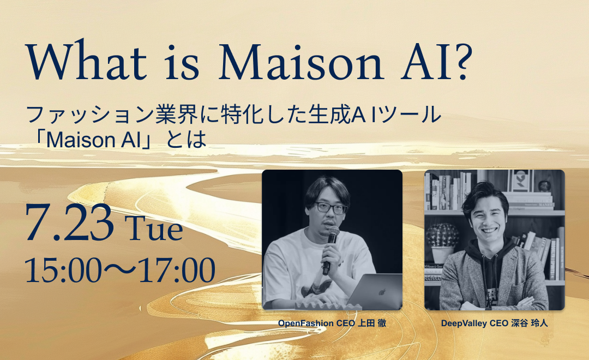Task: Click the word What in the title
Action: pyautogui.click(x=85, y=62)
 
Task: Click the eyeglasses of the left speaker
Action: pyautogui.click(x=329, y=208)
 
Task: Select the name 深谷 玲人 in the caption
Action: pyautogui.click(x=528, y=323)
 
